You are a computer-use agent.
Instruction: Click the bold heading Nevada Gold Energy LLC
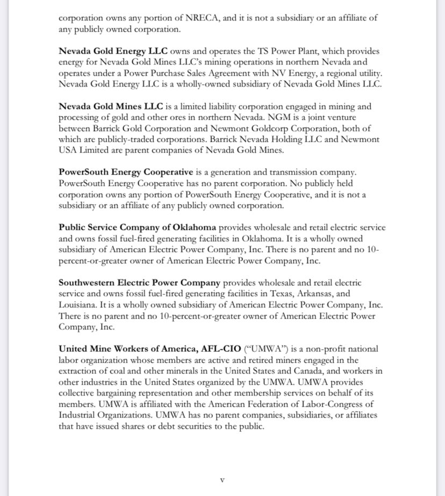coord(113,52)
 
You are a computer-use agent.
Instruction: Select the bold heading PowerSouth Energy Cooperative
coord(126,172)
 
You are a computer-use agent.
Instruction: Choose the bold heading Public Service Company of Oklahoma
coord(138,227)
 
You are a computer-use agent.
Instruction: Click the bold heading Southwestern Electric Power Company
coord(139,283)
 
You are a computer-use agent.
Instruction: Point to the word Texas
coord(277,293)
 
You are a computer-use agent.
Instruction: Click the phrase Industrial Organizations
coord(105,415)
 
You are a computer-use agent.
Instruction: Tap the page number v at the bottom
coord(222,479)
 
